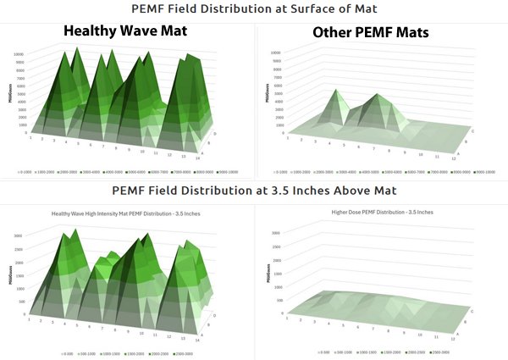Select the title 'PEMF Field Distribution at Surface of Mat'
pyautogui.click(x=253, y=9)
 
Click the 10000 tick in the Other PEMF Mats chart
pyautogui.click(x=275, y=52)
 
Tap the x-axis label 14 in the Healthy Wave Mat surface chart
pyautogui.click(x=196, y=159)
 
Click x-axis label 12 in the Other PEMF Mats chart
pyautogui.click(x=455, y=159)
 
